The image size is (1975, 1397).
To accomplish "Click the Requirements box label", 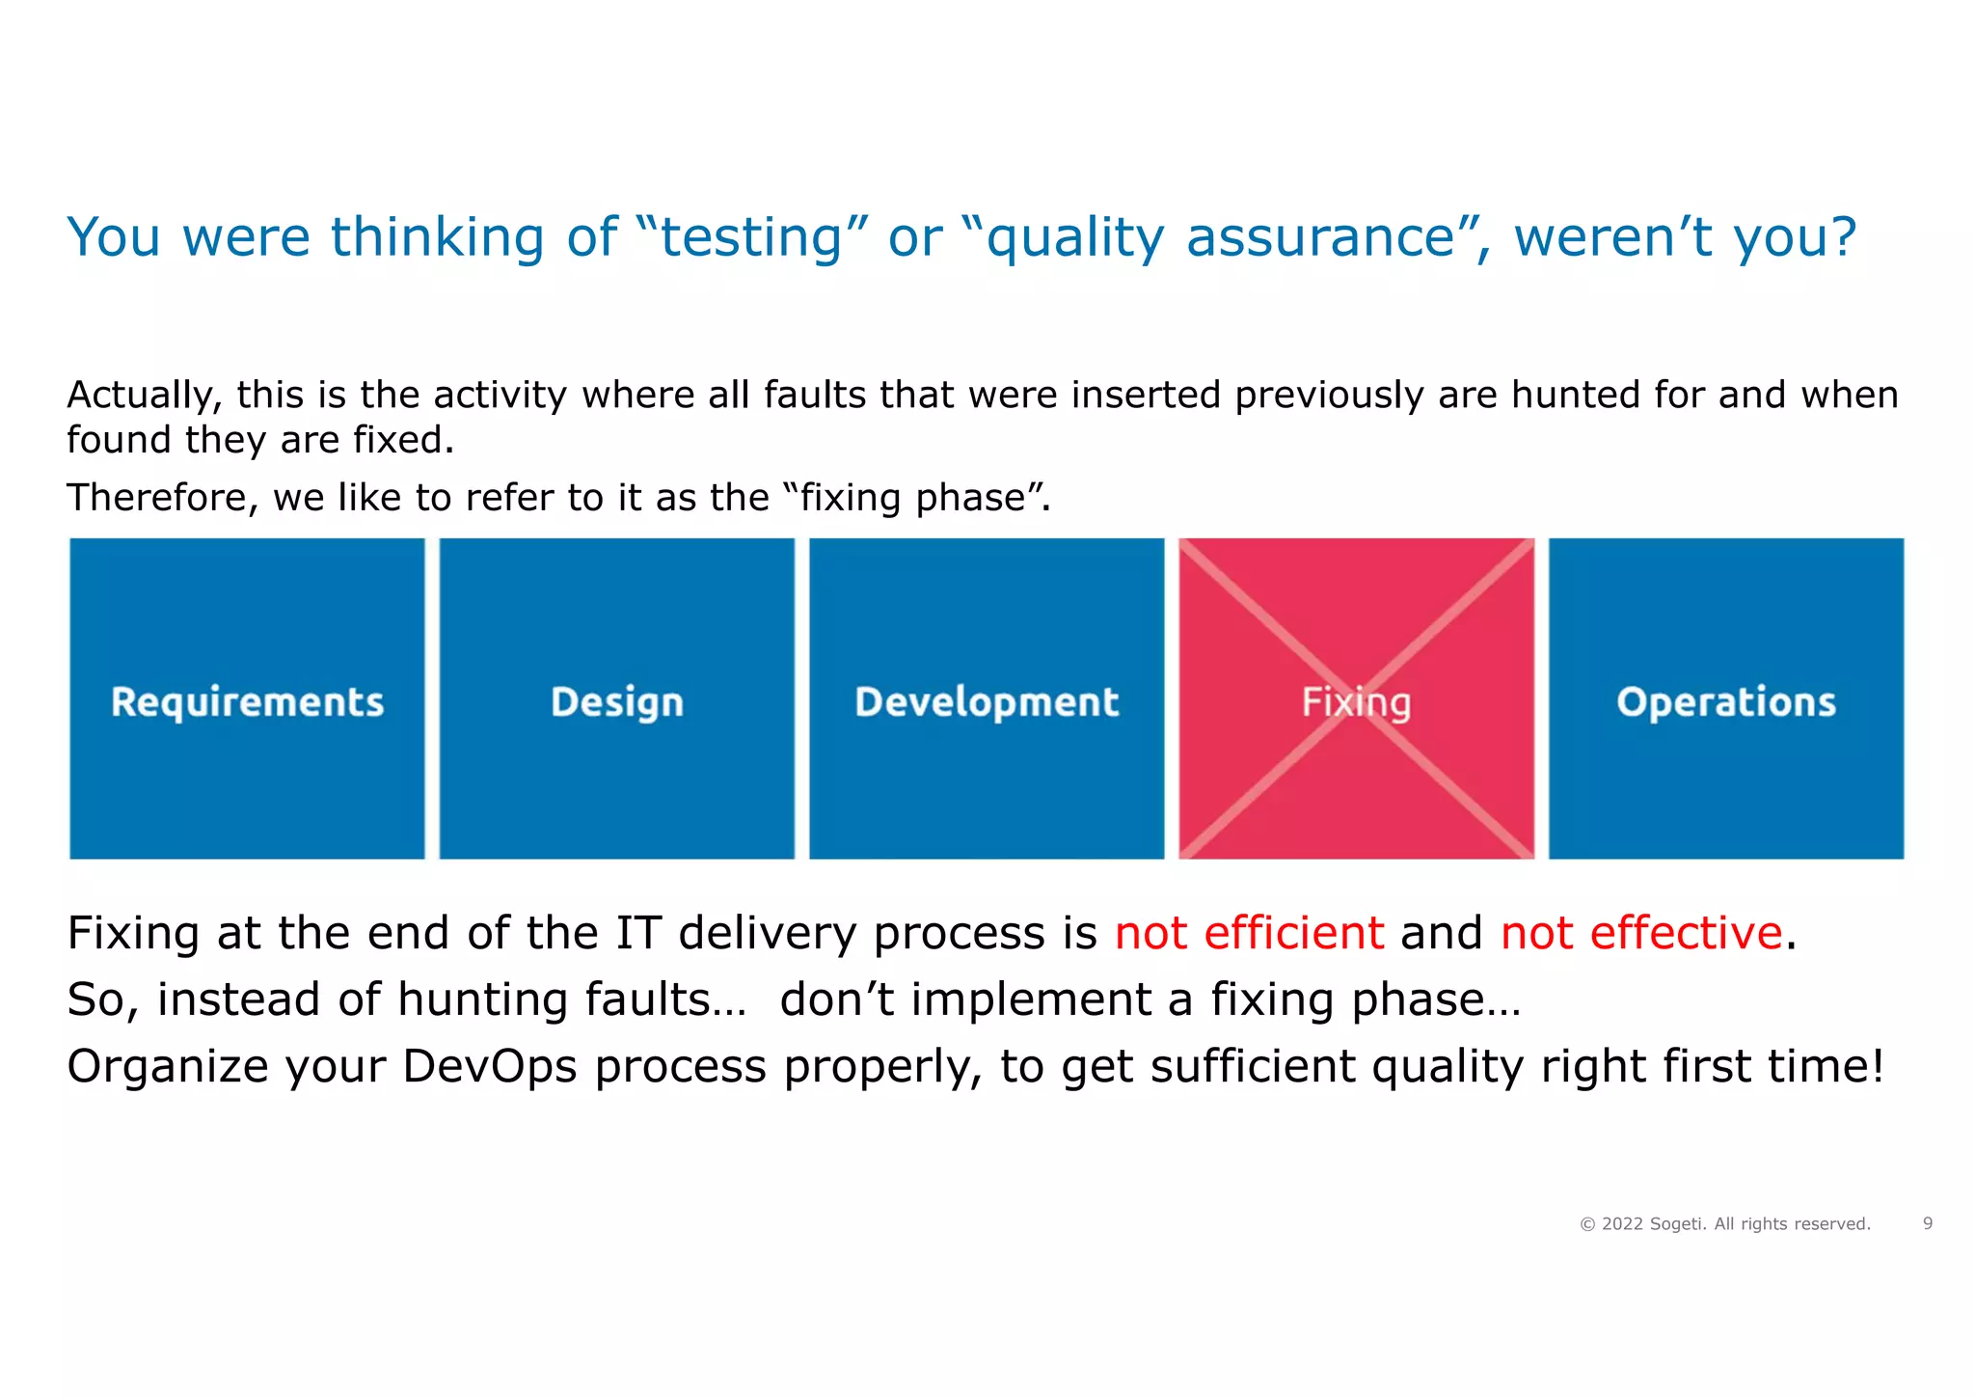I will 247,702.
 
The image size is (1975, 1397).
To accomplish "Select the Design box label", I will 617,702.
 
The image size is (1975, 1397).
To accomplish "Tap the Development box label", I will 987,702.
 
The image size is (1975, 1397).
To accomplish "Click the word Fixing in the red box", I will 1356,702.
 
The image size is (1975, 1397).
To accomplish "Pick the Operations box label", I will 1726,702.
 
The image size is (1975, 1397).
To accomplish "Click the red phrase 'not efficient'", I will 1249,933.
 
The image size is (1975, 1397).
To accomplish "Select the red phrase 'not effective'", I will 1641,933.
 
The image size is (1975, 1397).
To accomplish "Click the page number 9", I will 1928,1223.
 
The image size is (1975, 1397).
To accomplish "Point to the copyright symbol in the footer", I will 1587,1224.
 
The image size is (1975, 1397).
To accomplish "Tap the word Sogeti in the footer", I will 1678,1224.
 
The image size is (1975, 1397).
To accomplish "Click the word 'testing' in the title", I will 752,237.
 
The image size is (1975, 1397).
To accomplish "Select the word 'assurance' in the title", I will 1319,237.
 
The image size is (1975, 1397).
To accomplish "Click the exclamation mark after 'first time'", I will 1876,1066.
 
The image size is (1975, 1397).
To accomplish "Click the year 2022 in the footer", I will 1622,1224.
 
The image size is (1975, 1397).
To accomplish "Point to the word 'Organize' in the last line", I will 167,1066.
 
